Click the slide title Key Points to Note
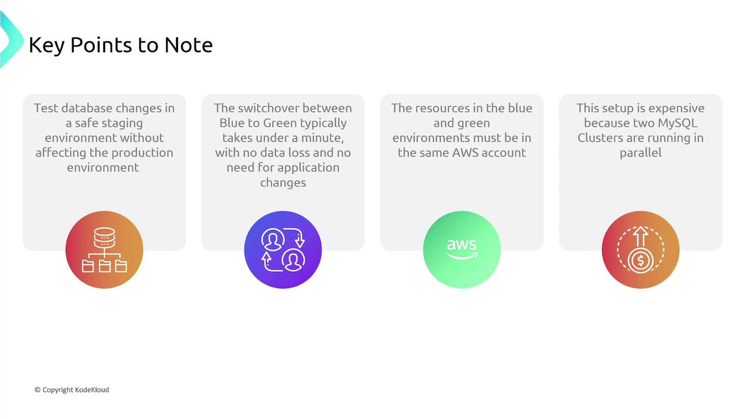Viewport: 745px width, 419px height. pos(120,45)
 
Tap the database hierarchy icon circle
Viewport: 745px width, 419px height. pos(104,250)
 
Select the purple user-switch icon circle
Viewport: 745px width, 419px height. pos(283,250)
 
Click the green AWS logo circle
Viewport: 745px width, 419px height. pos(462,250)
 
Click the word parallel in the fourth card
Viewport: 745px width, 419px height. pos(641,153)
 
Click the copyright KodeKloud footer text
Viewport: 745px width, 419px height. pos(72,390)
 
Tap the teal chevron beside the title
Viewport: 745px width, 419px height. pos(11,40)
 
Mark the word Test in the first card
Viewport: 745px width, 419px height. pos(46,108)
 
